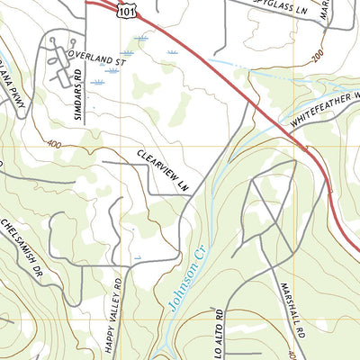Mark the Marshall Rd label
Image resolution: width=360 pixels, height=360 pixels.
pyautogui.click(x=294, y=303)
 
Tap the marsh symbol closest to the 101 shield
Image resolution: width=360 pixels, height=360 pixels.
pyautogui.click(x=141, y=38)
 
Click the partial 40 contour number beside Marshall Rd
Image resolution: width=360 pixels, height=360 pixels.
pyautogui.click(x=292, y=354)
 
